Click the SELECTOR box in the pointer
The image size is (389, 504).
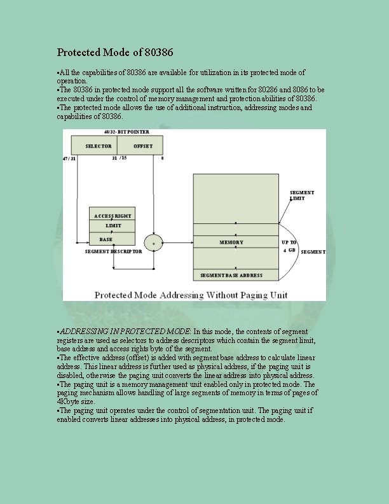click(99, 146)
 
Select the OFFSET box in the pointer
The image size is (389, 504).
click(142, 146)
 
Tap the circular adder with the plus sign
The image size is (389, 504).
click(153, 242)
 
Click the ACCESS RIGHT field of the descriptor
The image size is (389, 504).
click(113, 216)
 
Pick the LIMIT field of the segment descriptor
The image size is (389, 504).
click(113, 226)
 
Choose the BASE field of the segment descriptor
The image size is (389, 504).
click(106, 239)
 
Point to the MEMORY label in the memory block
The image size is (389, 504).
click(231, 242)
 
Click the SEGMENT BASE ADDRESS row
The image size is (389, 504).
click(231, 276)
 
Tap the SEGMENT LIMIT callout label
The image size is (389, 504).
click(301, 195)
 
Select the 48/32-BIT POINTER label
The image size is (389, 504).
click(126, 132)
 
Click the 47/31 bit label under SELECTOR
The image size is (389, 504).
click(69, 158)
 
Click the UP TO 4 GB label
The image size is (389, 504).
click(289, 246)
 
